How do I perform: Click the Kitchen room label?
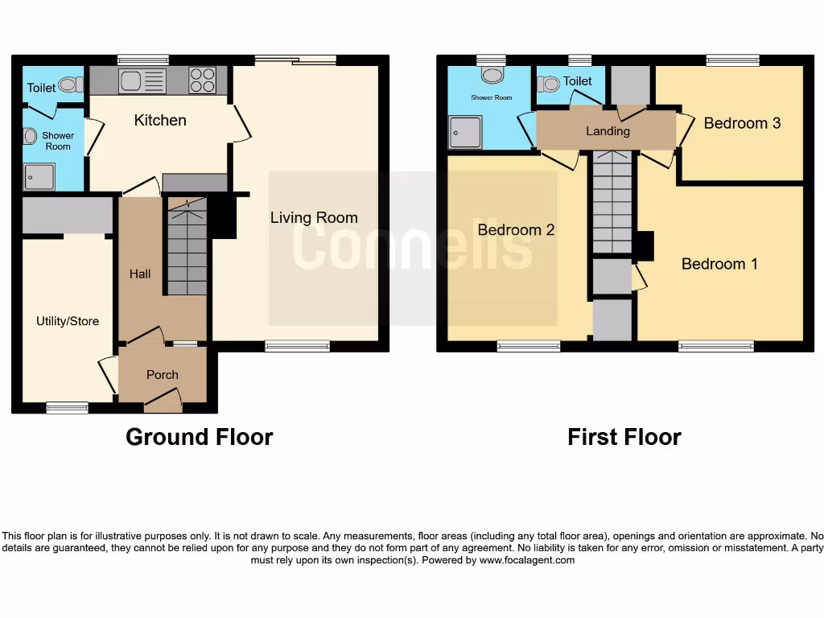[x=160, y=120]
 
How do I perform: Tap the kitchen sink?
[x=142, y=80]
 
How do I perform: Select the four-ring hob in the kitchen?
[x=202, y=80]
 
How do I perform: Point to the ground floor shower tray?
[x=39, y=176]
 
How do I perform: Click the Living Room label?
[x=314, y=217]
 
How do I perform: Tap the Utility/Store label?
[x=68, y=321]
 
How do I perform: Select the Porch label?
[x=163, y=374]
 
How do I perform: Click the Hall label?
[x=140, y=274]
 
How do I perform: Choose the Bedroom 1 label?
[x=719, y=264]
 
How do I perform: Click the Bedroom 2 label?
[x=516, y=230]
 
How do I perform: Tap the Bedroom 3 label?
[x=742, y=123]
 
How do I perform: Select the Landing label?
[x=608, y=130]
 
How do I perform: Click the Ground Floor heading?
[x=199, y=437]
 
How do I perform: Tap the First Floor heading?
[x=624, y=437]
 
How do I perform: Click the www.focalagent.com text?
[x=526, y=560]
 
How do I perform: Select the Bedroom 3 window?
[x=732, y=60]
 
